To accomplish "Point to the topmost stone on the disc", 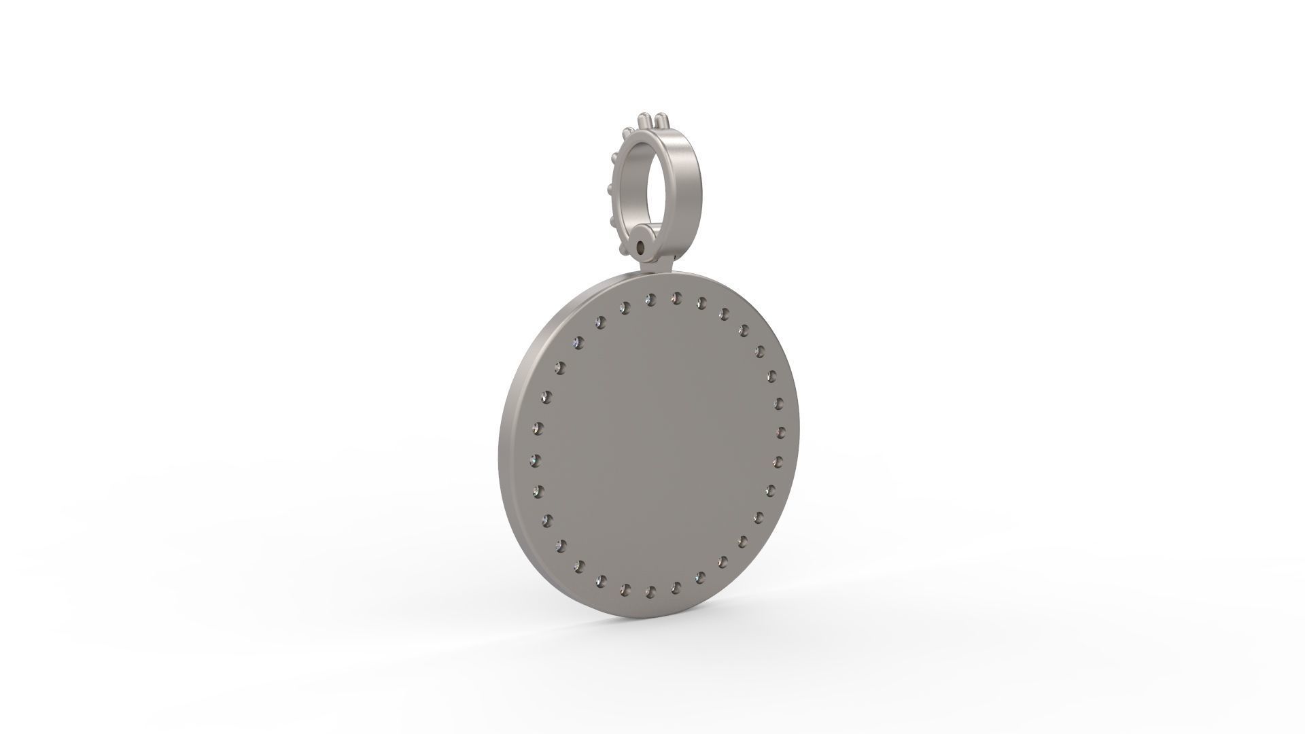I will coord(676,298).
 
